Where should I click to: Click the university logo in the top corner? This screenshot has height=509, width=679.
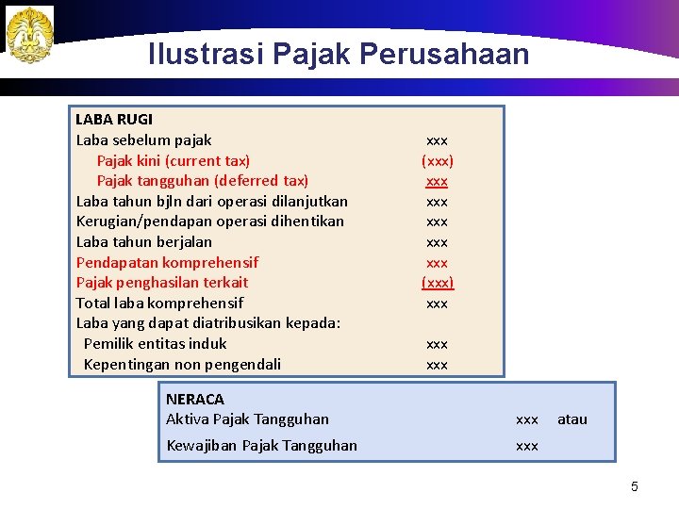29,35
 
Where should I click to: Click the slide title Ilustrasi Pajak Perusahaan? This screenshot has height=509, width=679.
339,55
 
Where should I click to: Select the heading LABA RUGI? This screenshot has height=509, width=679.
113,120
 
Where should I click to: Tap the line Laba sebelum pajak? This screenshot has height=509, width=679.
143,140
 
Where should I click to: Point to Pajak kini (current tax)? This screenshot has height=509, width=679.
174,161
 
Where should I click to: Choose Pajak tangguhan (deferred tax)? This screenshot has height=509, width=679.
203,181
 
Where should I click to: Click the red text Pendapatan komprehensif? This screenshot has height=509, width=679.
167,262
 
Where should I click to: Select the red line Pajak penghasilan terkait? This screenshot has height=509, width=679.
161,283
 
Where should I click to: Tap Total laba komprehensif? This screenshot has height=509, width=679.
159,304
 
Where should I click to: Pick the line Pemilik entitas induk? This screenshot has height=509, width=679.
155,344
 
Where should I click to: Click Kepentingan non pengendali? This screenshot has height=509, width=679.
182,365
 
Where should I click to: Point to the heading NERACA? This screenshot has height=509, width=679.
195,400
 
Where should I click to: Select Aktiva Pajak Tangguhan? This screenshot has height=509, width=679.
247,419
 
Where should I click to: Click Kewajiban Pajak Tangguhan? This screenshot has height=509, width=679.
261,446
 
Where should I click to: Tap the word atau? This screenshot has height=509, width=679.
572,419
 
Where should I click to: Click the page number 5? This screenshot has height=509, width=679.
635,487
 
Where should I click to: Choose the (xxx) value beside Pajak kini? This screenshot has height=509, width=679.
437,161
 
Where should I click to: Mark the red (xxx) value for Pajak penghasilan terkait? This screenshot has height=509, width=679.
437,283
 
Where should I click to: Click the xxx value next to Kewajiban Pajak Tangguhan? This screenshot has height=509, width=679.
527,446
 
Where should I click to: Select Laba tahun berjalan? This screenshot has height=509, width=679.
143,242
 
